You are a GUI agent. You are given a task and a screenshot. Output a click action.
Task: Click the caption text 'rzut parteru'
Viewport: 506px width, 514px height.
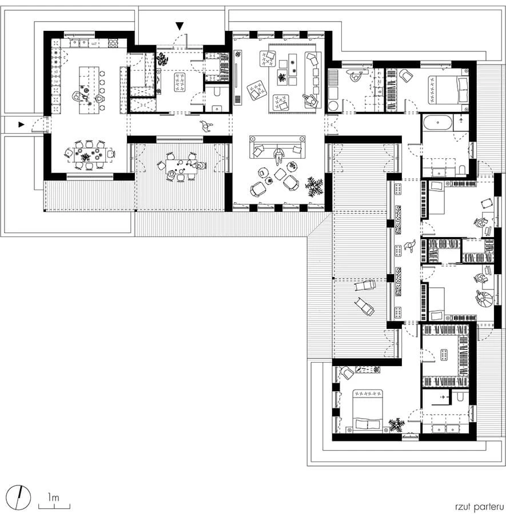click(479, 506)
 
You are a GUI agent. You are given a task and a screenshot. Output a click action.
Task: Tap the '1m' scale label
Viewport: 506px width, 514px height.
click(53, 497)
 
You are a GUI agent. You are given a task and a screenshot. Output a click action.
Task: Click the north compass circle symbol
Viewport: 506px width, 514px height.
click(19, 497)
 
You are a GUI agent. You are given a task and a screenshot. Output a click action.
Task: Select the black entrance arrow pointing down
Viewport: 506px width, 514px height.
click(180, 26)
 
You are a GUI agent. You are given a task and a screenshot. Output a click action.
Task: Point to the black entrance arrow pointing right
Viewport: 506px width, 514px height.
click(21, 125)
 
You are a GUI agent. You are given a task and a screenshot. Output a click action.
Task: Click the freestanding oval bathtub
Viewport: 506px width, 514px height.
click(438, 123)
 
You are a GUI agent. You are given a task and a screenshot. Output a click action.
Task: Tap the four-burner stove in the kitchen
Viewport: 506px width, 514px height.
click(113, 43)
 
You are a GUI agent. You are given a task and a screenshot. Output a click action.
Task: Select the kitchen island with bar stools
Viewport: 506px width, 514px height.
click(89, 90)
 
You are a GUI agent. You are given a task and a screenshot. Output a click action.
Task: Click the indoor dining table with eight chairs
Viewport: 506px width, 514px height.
click(89, 155)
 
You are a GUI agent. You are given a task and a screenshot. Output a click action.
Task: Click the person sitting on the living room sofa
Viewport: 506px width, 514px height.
click(278, 156)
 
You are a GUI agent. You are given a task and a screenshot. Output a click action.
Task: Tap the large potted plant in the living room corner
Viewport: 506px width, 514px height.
click(314, 187)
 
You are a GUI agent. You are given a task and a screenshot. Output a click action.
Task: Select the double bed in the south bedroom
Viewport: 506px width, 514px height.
click(368, 409)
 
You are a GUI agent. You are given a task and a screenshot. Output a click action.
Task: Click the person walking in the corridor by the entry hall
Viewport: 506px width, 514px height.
click(206, 126)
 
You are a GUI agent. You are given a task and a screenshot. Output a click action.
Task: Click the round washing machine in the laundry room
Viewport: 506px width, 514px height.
click(334, 106)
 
